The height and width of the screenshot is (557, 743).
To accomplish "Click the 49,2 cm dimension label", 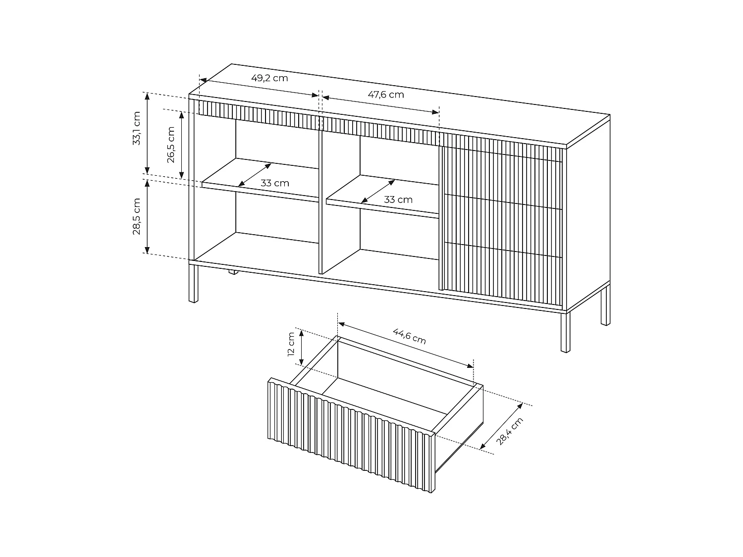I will click(269, 78).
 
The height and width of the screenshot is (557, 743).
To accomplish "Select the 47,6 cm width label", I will click(385, 94).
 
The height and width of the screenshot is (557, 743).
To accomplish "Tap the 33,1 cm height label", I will click(137, 128).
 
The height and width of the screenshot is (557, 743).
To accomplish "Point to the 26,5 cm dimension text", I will click(171, 145).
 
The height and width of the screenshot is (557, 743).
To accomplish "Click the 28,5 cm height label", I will click(137, 216).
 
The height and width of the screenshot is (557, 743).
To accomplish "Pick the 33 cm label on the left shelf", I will click(275, 183).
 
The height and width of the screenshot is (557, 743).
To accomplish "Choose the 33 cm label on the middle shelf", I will click(398, 200).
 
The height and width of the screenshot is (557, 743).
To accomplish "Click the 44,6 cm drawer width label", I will click(410, 336).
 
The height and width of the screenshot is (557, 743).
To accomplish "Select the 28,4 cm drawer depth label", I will click(510, 431).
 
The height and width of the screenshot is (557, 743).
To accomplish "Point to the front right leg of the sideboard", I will click(565, 332).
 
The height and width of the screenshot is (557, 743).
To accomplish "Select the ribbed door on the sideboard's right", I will click(501, 220).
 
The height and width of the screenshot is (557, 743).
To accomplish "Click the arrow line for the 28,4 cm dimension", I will click(501, 426).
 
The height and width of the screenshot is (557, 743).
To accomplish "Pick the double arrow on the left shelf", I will click(254, 175).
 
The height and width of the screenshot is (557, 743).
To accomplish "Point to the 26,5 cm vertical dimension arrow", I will click(182, 145).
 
